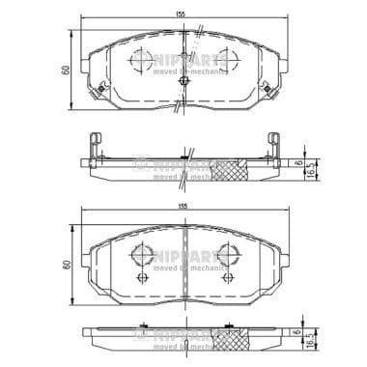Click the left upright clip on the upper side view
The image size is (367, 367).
(94, 144)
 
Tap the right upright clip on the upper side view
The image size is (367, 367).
(273, 144)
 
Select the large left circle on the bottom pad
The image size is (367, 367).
(140, 254)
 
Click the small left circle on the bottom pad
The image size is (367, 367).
(144, 278)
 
